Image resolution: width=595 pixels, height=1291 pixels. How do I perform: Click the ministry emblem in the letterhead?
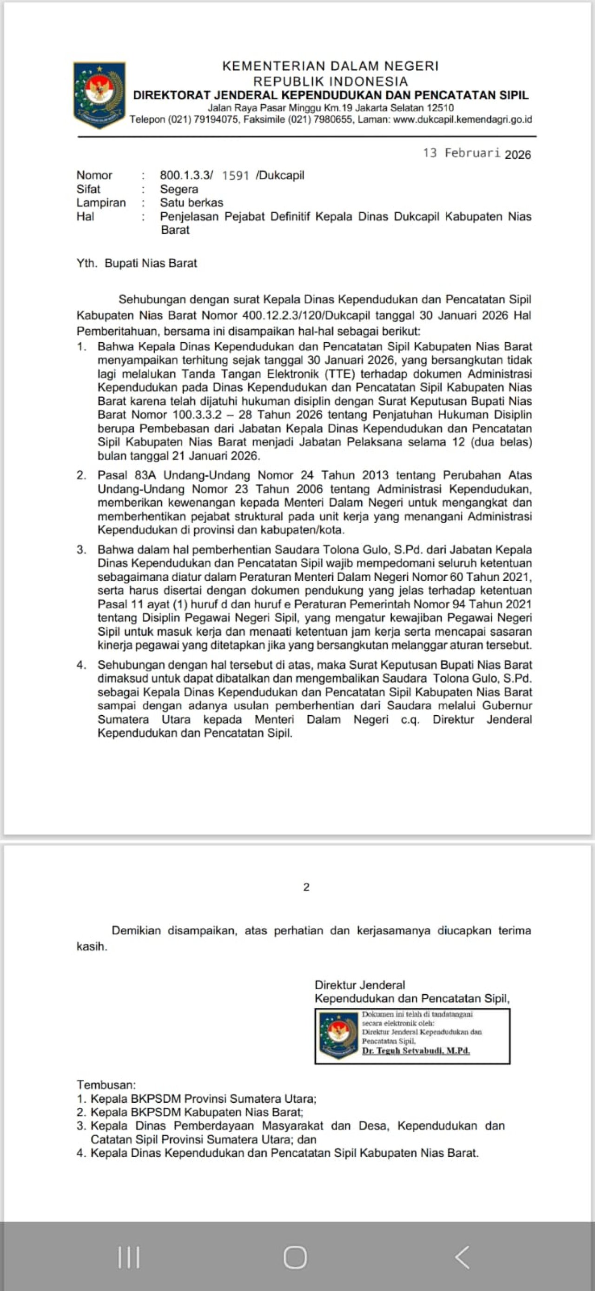pyautogui.click(x=99, y=94)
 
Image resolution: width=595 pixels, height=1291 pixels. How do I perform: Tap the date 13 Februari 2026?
pyautogui.click(x=476, y=153)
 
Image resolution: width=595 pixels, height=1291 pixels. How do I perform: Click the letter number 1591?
pyautogui.click(x=235, y=175)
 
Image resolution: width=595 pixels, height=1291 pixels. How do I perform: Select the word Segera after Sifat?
pyautogui.click(x=179, y=189)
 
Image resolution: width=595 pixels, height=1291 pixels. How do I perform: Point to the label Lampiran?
pyautogui.click(x=101, y=202)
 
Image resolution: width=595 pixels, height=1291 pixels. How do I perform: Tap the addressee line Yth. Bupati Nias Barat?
pyautogui.click(x=137, y=263)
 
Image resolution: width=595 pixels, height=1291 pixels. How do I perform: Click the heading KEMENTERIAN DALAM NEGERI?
pyautogui.click(x=330, y=66)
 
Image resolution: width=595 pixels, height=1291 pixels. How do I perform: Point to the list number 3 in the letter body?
pyautogui.click(x=81, y=550)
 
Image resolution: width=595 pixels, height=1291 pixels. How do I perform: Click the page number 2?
pyautogui.click(x=306, y=887)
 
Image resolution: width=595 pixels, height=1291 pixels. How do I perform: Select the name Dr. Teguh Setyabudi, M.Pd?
pyautogui.click(x=416, y=1051)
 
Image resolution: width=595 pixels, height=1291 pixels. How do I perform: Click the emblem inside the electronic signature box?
pyautogui.click(x=338, y=1035)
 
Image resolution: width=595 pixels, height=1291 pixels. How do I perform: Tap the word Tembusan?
pyautogui.click(x=106, y=1085)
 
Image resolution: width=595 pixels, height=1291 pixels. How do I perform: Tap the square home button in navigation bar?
pyautogui.click(x=295, y=1257)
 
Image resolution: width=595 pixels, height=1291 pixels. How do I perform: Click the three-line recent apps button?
pyautogui.click(x=129, y=1257)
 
